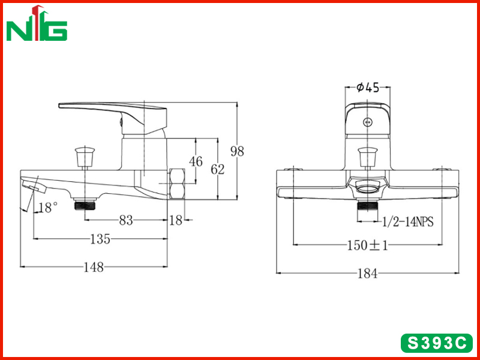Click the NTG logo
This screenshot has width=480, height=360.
pos(37,23)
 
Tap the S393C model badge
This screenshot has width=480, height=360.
pos(437,343)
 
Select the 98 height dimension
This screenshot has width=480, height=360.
pos(237,151)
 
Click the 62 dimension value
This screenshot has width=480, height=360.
pos(218,169)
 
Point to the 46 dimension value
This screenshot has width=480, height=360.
pos(196,161)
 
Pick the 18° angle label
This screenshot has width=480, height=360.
pos(49,208)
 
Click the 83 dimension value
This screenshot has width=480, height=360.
pos(126,220)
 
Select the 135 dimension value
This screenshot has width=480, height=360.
pos(100,239)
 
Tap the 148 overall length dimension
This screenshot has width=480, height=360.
pos(94,267)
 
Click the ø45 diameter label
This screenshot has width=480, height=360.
pos(368,88)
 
